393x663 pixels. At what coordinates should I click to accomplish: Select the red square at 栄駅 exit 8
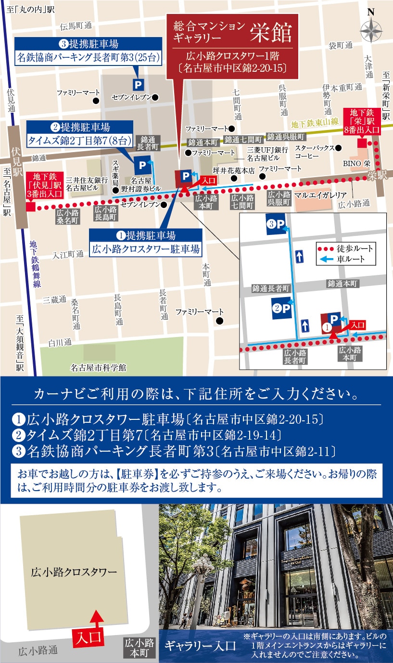pos(362,143)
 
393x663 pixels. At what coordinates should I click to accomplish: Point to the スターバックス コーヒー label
pos(314,152)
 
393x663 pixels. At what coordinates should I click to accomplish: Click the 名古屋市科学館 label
pos(98,367)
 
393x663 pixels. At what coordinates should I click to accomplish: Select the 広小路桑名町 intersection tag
pos(66,215)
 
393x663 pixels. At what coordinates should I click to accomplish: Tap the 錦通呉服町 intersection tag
pos(286,136)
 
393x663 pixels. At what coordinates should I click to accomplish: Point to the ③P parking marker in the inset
pos(277,224)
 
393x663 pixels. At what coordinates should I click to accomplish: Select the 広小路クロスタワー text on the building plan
pos(74,572)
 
